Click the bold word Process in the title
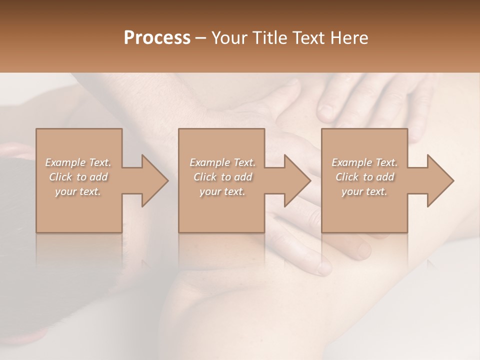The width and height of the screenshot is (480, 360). [x=157, y=38]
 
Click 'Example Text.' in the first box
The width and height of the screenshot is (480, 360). [x=78, y=162]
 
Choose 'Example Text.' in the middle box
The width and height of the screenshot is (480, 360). [x=222, y=162]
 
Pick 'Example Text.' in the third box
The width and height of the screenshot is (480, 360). [x=364, y=162]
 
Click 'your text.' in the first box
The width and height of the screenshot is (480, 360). [x=78, y=191]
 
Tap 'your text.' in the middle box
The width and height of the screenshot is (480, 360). [x=222, y=191]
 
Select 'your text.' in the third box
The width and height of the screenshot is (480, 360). [x=364, y=191]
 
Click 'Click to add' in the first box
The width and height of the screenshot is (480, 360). [x=78, y=177]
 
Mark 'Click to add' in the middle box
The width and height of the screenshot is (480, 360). [x=222, y=177]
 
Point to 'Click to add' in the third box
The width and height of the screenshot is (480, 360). [x=364, y=177]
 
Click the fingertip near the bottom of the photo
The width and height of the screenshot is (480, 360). [x=324, y=267]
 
